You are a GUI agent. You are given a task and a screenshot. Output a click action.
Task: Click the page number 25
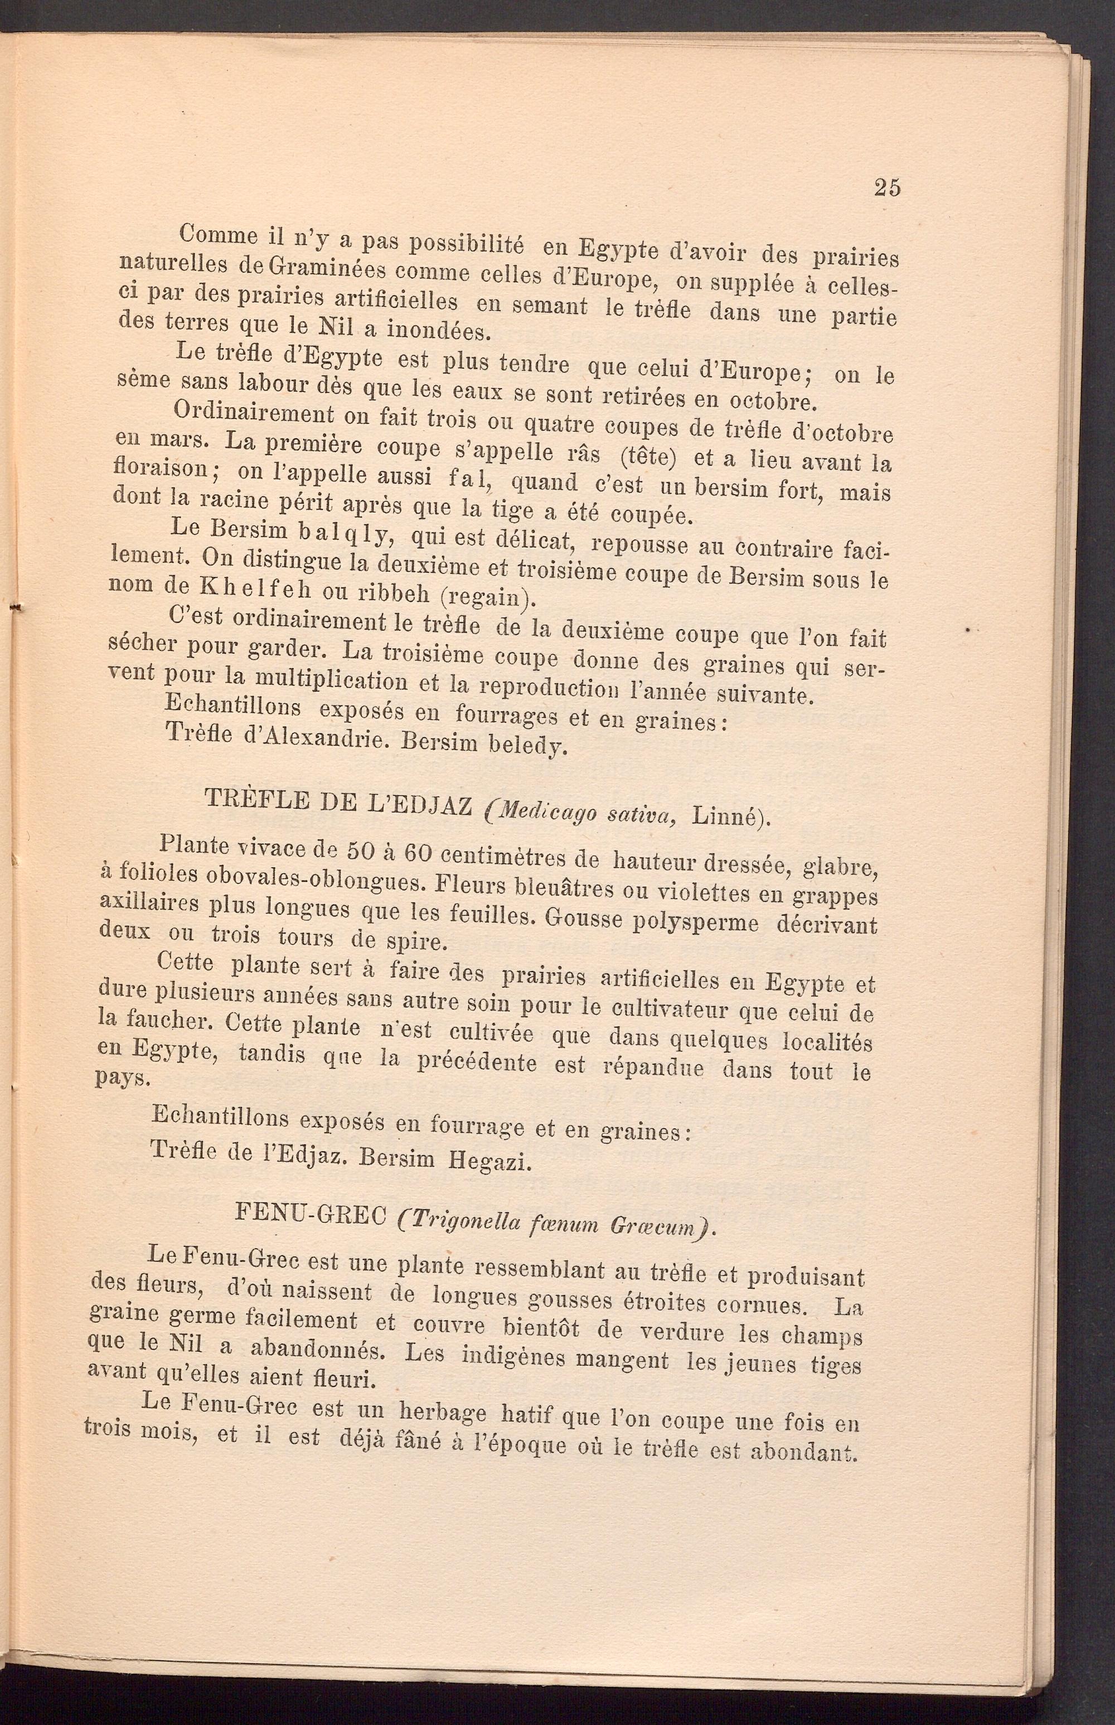coord(887,187)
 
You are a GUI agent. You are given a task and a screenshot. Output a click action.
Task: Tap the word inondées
coord(439,330)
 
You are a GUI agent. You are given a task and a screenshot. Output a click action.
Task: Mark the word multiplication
coord(327,679)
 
